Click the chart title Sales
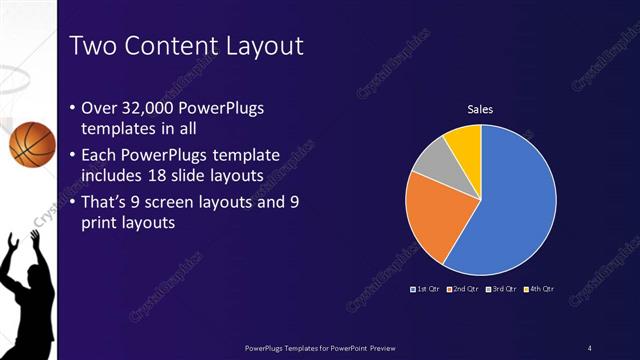[x=481, y=109]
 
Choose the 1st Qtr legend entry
[x=427, y=288]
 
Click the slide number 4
[x=590, y=347]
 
